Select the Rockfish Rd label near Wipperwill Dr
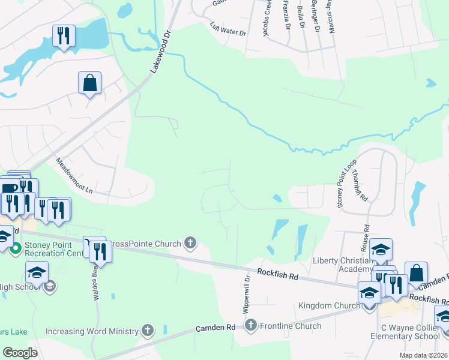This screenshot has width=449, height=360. tap(278, 274)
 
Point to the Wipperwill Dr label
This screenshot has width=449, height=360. tap(246, 296)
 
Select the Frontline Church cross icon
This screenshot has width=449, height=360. tap(251, 326)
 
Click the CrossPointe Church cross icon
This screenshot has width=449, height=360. tap(190, 243)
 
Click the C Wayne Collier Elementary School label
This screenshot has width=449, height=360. tap(410, 332)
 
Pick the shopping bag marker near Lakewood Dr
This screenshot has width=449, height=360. tap(89, 83)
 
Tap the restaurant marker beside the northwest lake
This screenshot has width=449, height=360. tap(64, 36)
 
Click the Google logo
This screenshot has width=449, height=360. tap(20, 353)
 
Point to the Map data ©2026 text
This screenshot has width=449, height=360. tap(423, 355)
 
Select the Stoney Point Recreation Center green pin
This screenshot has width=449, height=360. tap(16, 247)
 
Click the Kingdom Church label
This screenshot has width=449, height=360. tap(329, 306)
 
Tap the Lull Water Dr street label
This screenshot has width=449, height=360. tap(228, 29)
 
